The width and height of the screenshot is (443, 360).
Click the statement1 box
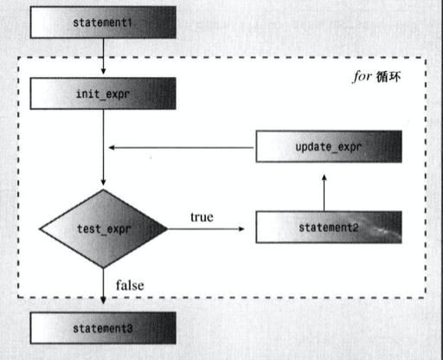tap(103, 22)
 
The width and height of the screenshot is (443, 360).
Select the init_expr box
tap(103, 93)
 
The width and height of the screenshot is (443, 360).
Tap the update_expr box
tap(329, 146)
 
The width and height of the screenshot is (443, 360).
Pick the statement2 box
tap(329, 228)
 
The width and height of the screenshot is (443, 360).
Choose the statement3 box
tap(103, 328)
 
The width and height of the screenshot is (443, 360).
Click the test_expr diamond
tap(103, 228)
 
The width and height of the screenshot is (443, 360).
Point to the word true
tap(202, 217)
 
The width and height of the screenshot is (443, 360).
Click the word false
tap(130, 286)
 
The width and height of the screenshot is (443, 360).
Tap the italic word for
tap(362, 76)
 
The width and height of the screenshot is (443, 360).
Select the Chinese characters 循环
tap(388, 77)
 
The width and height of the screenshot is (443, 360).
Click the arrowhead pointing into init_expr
tap(103, 71)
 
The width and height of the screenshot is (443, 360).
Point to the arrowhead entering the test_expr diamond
tap(103, 182)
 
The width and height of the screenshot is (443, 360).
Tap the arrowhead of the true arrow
tap(241, 228)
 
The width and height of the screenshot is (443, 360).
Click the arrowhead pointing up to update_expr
tap(324, 177)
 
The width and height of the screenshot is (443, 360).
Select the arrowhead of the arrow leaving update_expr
tap(112, 147)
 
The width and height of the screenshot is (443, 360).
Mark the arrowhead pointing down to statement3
tap(103, 300)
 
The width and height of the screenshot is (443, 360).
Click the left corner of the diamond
tap(39, 228)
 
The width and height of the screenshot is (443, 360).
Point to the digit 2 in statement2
tap(355, 228)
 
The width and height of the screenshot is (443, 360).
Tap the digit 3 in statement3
tap(130, 329)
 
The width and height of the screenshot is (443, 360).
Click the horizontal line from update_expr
tap(182, 147)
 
